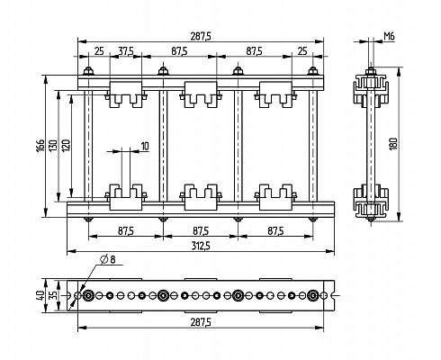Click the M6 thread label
[389, 37]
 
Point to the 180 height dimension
[393, 144]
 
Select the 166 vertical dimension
[40, 146]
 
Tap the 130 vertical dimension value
[53, 146]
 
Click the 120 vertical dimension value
[66, 146]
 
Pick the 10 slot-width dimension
[145, 147]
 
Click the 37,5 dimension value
[126, 51]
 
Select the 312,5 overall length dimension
[201, 246]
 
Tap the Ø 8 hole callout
[108, 259]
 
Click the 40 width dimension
[40, 295]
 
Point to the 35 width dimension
[53, 295]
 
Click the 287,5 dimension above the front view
[201, 36]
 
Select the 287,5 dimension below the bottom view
[201, 322]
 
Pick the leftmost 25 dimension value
[99, 51]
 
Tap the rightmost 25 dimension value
[302, 51]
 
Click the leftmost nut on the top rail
[88, 71]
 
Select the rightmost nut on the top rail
[313, 71]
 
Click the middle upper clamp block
[201, 94]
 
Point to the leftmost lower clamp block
[126, 197]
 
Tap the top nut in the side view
[371, 72]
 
